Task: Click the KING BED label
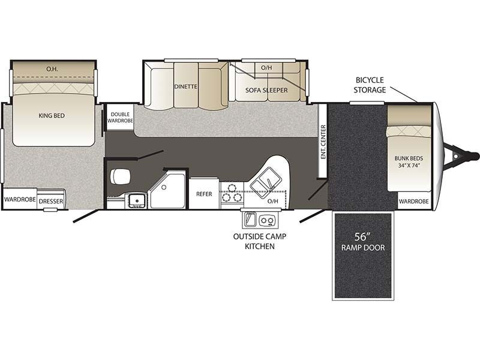click(52, 116)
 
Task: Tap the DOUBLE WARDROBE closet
click(120, 117)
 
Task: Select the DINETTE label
click(186, 86)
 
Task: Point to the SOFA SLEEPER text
click(266, 91)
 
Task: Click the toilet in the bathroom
click(120, 176)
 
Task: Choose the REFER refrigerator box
click(204, 193)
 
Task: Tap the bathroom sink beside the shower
click(137, 200)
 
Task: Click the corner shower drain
click(164, 187)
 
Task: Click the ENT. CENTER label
click(323, 142)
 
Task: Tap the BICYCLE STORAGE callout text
click(370, 85)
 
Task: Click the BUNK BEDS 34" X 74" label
click(409, 162)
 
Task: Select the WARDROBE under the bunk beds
click(414, 201)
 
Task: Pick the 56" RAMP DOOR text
click(363, 242)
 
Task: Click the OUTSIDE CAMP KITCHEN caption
click(260, 241)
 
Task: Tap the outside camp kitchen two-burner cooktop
click(267, 220)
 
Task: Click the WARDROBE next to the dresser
click(20, 199)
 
